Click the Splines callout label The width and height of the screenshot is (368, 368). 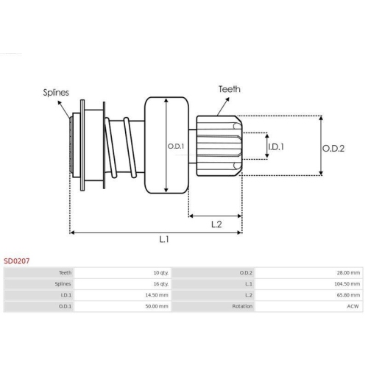coord(56,93)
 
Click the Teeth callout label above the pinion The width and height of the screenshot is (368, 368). coord(228,89)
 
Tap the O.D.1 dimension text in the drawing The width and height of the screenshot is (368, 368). coord(175,146)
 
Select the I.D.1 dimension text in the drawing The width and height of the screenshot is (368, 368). coord(277,146)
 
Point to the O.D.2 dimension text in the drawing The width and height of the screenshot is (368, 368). coord(333,147)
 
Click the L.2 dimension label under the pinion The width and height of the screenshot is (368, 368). coord(215,223)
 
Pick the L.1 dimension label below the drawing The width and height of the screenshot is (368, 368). coord(165,239)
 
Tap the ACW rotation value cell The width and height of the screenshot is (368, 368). coord(353,305)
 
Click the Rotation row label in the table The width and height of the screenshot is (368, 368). coord(242,305)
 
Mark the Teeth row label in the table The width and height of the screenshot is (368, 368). coord(65,272)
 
